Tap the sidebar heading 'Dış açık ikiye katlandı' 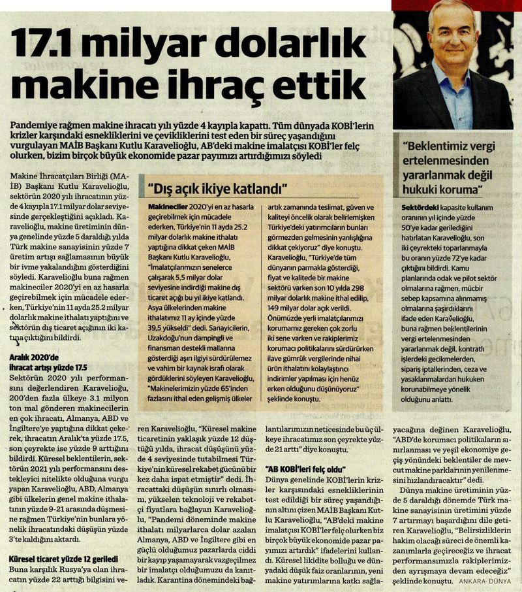tap(221, 189)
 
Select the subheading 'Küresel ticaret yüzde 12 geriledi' tap(63, 560)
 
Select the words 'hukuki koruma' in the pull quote tap(444, 190)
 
